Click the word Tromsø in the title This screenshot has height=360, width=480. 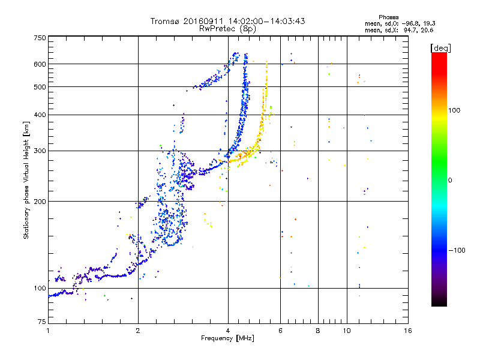pyautogui.click(x=166, y=21)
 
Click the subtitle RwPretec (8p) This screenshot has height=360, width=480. pyautogui.click(x=227, y=29)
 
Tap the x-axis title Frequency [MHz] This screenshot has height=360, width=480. pyautogui.click(x=227, y=338)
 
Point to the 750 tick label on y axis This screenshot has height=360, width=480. pyautogui.click(x=40, y=38)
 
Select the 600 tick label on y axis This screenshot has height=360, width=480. pyautogui.click(x=40, y=64)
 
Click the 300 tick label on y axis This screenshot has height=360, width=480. pyautogui.click(x=40, y=151)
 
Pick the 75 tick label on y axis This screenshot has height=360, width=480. pyautogui.click(x=42, y=322)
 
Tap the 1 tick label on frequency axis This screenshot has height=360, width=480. pyautogui.click(x=48, y=331)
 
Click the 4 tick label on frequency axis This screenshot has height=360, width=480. pyautogui.click(x=228, y=331)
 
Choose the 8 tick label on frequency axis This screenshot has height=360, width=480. pyautogui.click(x=318, y=331)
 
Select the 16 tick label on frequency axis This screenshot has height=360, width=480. pyautogui.click(x=408, y=331)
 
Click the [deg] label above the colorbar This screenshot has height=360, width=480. pyautogui.click(x=440, y=49)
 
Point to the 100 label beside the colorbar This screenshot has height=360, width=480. pyautogui.click(x=454, y=110)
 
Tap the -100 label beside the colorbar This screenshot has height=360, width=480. pyautogui.click(x=457, y=250)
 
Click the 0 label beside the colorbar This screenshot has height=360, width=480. pyautogui.click(x=450, y=181)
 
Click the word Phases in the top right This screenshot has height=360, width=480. pyautogui.click(x=388, y=17)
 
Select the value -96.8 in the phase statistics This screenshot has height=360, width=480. pyautogui.click(x=410, y=23)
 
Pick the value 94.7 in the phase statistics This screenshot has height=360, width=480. pyautogui.click(x=411, y=30)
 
